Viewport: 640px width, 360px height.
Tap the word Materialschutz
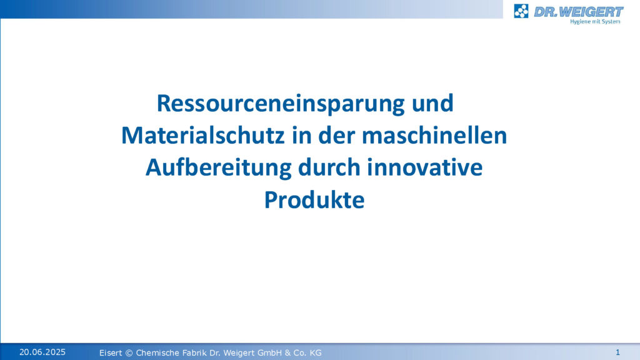click(203, 135)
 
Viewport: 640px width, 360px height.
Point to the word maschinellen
click(434, 135)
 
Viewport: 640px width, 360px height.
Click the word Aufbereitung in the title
click(218, 168)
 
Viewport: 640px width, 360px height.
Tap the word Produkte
click(314, 200)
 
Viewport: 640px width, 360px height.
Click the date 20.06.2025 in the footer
click(42, 352)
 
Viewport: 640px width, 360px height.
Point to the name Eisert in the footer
click(111, 352)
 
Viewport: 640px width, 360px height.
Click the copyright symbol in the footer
click(129, 352)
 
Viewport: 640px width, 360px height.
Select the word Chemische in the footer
click(156, 352)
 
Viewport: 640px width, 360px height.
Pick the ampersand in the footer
click(287, 352)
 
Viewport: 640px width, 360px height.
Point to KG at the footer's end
click(316, 352)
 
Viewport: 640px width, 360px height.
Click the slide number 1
click(617, 352)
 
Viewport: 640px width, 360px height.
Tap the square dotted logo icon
click(521, 11)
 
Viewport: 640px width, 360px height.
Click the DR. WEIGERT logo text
click(578, 12)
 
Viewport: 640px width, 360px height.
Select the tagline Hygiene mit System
click(595, 22)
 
